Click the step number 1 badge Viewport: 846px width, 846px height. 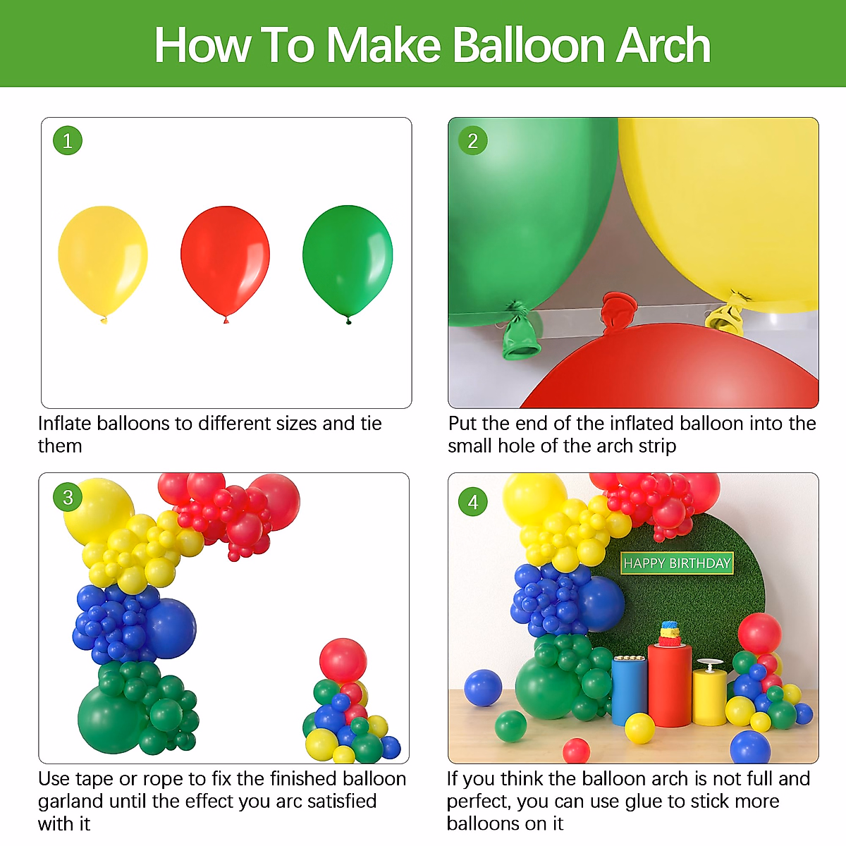click(68, 141)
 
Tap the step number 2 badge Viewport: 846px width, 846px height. click(473, 141)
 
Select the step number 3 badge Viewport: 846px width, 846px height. click(68, 498)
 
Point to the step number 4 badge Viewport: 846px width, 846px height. click(473, 502)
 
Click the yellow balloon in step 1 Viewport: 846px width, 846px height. click(103, 259)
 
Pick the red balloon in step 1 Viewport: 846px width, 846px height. click(225, 259)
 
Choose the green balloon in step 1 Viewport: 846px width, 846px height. click(348, 259)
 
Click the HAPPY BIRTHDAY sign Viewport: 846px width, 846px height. click(677, 563)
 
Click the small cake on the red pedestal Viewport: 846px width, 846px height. click(669, 633)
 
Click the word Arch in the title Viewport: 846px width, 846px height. click(663, 45)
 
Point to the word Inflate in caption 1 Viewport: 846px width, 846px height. click(64, 423)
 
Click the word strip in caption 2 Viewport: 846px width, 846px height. click(654, 446)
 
